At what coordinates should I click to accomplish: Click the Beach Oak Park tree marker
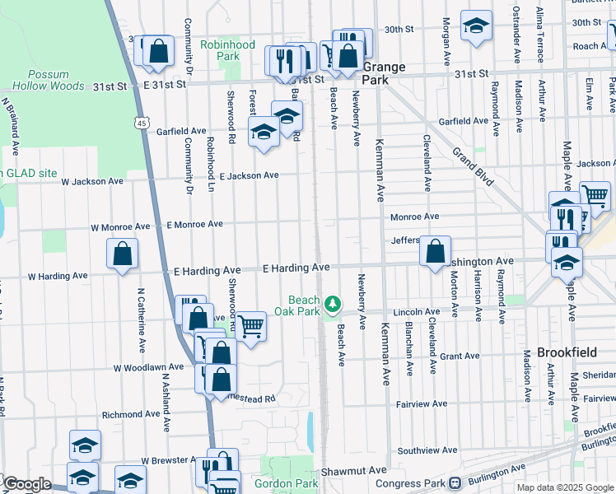333,305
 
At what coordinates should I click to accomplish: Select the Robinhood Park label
228,50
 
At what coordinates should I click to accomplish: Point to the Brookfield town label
566,352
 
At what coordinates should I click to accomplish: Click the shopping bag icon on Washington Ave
435,251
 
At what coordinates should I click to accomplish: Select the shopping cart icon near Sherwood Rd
250,327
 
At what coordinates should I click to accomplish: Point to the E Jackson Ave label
249,175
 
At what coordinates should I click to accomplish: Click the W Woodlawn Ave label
148,367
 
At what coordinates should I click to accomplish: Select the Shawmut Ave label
354,470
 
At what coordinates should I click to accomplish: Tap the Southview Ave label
427,450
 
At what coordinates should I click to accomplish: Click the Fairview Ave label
421,403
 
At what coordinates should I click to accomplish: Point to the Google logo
26,484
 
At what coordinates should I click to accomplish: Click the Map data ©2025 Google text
566,487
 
